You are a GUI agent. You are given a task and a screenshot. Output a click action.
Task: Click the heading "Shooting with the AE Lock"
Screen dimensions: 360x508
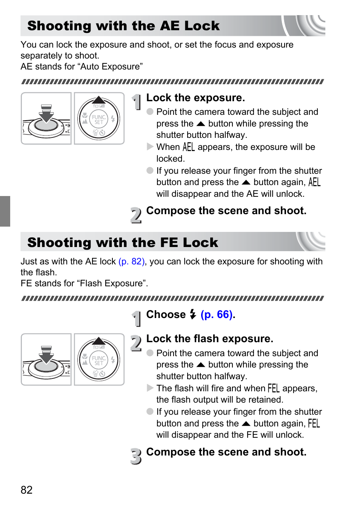pyautogui.click(x=123, y=26)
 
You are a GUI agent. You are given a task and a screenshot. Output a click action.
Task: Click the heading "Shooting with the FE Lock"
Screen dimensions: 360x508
pyautogui.click(x=123, y=242)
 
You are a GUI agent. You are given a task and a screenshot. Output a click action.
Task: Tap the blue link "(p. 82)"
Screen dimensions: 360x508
pyautogui.click(x=132, y=261)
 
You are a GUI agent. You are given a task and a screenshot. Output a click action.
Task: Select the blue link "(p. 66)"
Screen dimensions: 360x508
pyautogui.click(x=217, y=314)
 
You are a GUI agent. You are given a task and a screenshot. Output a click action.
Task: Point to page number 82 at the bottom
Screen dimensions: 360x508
pyautogui.click(x=26, y=490)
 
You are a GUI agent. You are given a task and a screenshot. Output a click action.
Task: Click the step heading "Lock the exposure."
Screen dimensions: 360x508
pyautogui.click(x=195, y=98)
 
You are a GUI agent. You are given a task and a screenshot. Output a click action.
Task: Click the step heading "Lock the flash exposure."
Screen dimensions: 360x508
pyautogui.click(x=209, y=339)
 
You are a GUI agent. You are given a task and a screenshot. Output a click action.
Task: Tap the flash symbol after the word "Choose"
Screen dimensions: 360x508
pyautogui.click(x=193, y=314)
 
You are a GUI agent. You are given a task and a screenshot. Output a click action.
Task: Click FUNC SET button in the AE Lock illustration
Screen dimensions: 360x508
pyautogui.click(x=99, y=119)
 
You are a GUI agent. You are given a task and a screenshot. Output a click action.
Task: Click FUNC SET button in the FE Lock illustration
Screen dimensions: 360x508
pyautogui.click(x=99, y=360)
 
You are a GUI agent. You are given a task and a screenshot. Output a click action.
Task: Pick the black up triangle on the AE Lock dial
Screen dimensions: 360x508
pyautogui.click(x=99, y=100)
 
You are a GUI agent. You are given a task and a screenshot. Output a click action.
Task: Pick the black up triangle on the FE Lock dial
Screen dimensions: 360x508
pyautogui.click(x=99, y=341)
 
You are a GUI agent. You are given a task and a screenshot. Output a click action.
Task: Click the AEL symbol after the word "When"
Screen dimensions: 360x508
pyautogui.click(x=188, y=147)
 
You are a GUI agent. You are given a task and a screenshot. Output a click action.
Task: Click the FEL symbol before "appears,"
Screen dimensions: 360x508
pyautogui.click(x=273, y=388)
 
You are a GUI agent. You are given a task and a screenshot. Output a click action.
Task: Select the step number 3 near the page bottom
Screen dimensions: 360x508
pyautogui.click(x=136, y=456)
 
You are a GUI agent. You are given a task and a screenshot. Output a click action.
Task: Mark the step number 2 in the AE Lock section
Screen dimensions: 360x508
pyautogui.click(x=136, y=215)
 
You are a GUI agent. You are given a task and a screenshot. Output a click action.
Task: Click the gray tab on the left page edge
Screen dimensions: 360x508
pyautogui.click(x=5, y=211)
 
